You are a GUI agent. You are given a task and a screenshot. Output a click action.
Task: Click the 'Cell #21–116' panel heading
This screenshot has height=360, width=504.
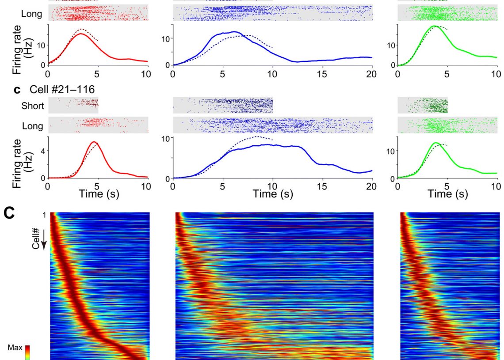coord(62,90)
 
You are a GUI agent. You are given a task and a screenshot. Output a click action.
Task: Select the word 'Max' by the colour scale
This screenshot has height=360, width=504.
coord(15,348)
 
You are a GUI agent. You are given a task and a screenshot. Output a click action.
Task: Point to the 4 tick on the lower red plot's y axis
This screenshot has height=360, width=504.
coord(43,150)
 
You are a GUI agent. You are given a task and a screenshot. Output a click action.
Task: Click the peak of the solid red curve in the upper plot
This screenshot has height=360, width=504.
coord(81,34)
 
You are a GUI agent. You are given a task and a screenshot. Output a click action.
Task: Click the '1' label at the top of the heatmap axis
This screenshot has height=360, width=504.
coord(44,215)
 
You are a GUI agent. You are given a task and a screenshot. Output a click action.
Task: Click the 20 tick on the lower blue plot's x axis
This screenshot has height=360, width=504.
coord(372,186)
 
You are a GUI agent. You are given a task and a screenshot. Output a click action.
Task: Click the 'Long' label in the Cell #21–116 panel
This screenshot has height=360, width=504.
coord(33,126)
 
